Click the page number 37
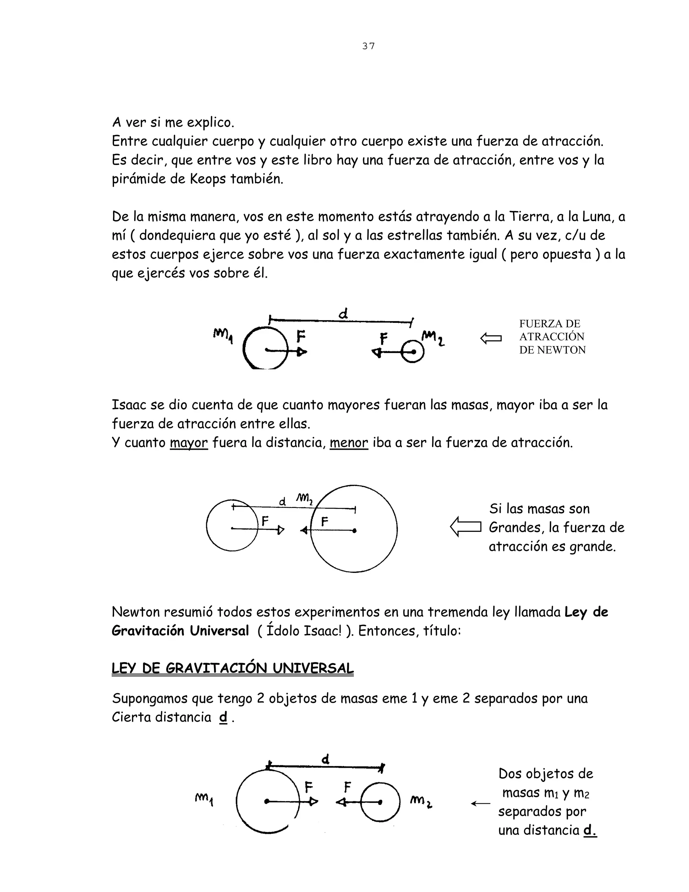[368, 46]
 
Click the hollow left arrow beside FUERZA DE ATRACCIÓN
[491, 338]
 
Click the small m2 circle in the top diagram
[412, 352]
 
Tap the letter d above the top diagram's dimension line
[343, 314]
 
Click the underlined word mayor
[189, 443]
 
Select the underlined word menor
[349, 443]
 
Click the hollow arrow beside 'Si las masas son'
[465, 527]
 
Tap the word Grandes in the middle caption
[516, 528]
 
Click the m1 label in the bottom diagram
[204, 798]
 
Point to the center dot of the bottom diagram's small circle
[380, 802]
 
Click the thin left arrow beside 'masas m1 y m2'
[480, 803]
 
